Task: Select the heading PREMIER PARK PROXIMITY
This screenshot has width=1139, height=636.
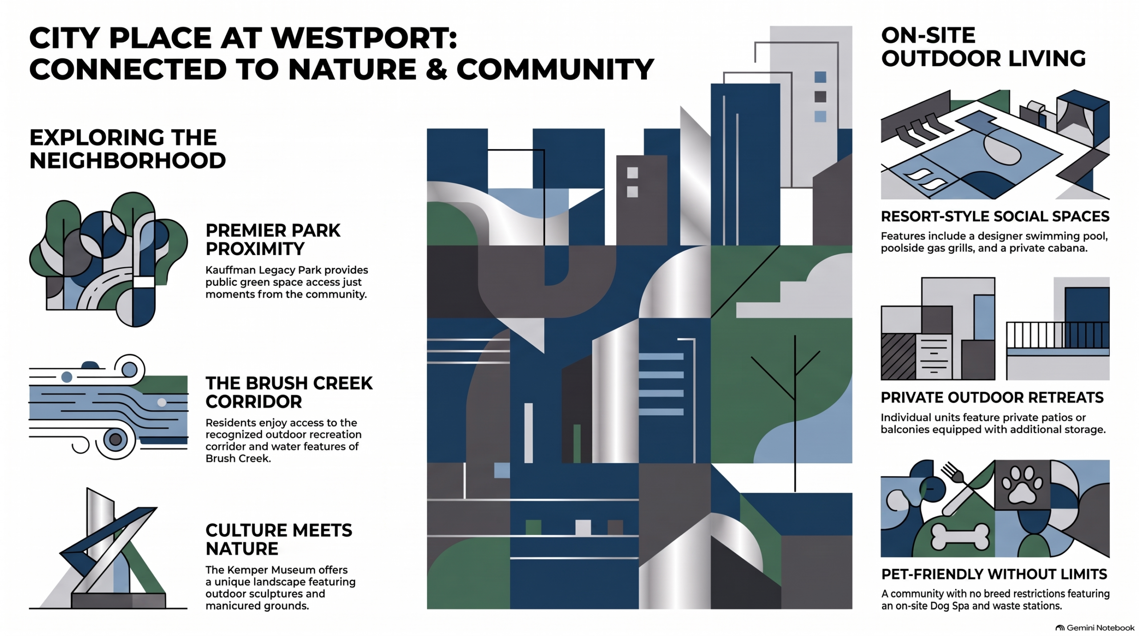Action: click(273, 239)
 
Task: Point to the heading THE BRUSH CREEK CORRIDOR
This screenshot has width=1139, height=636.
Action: click(289, 392)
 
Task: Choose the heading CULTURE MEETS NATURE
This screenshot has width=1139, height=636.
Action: click(279, 539)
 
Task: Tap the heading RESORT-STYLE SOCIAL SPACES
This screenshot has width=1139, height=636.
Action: click(995, 216)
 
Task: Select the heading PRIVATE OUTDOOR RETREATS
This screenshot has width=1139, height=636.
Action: click(992, 397)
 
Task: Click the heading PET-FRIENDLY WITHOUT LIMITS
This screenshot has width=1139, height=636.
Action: click(994, 574)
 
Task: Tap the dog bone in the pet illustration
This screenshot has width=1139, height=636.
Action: click(960, 537)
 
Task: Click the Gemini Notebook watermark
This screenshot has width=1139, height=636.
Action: click(1095, 628)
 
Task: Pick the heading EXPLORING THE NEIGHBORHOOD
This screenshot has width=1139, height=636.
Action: click(128, 149)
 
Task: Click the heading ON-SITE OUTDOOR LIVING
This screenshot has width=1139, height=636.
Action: click(983, 47)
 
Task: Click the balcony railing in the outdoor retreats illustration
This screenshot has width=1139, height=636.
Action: click(1058, 335)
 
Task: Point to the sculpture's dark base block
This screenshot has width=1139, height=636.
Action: click(118, 600)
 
